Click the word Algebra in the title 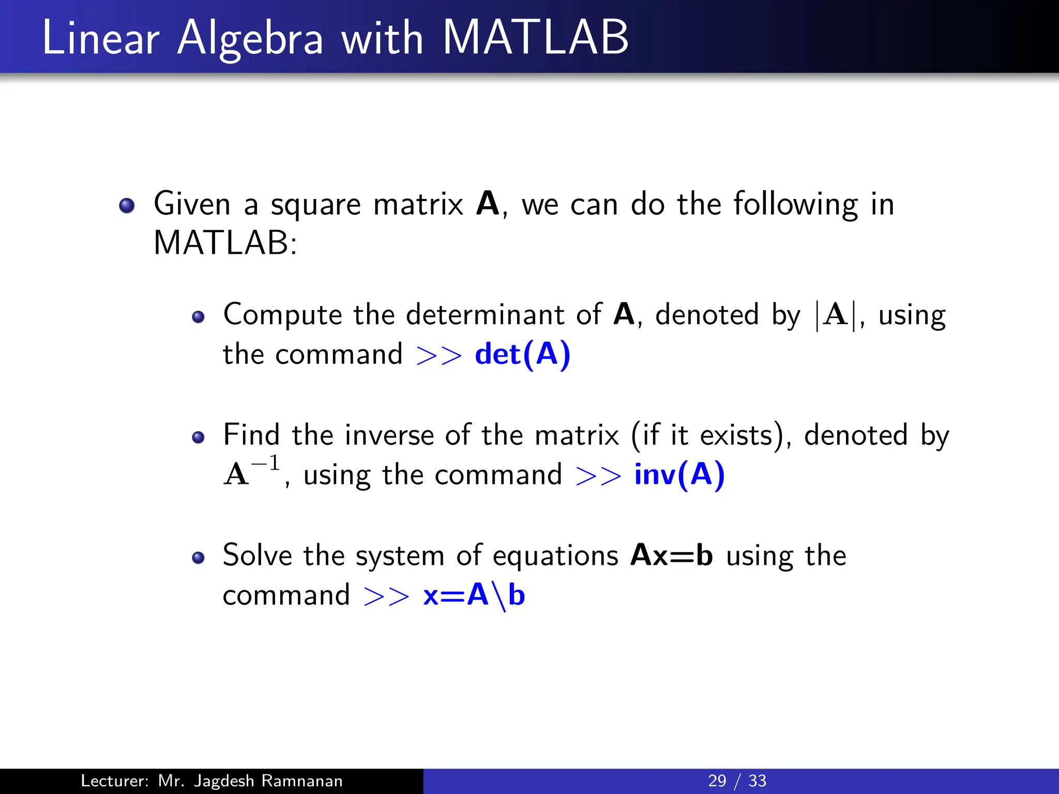coord(250,39)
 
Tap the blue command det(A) coord(522,355)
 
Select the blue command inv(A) coord(679,475)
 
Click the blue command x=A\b coord(474,595)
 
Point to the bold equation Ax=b coord(672,556)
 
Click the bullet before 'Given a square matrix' coord(127,206)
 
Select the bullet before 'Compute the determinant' coord(198,316)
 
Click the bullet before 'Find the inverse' coord(198,437)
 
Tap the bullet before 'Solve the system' coord(198,558)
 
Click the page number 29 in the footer coord(717,781)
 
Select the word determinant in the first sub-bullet coord(485,314)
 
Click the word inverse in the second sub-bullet coord(389,435)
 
